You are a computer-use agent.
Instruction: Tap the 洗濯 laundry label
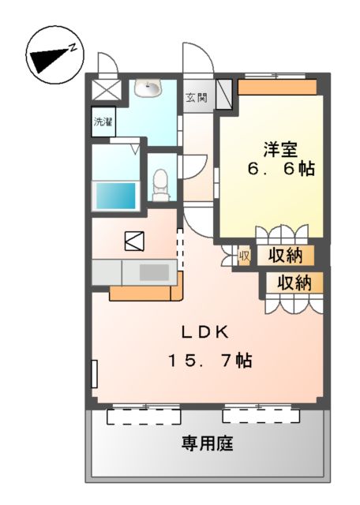coord(103,122)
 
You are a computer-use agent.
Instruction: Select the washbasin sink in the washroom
coord(148,89)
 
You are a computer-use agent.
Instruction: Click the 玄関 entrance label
coord(197,98)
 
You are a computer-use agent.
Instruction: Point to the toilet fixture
coord(161,183)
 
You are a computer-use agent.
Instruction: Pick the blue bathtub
coord(116,195)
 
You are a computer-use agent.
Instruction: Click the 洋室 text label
coord(280,147)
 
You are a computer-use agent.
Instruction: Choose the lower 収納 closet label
coord(293,282)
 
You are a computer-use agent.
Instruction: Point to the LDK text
coord(208,333)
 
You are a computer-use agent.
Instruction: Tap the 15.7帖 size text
coord(208,361)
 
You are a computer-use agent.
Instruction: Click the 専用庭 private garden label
coord(208,443)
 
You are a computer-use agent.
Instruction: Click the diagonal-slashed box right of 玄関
coord(224,94)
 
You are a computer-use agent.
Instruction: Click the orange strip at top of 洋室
coord(277,86)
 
